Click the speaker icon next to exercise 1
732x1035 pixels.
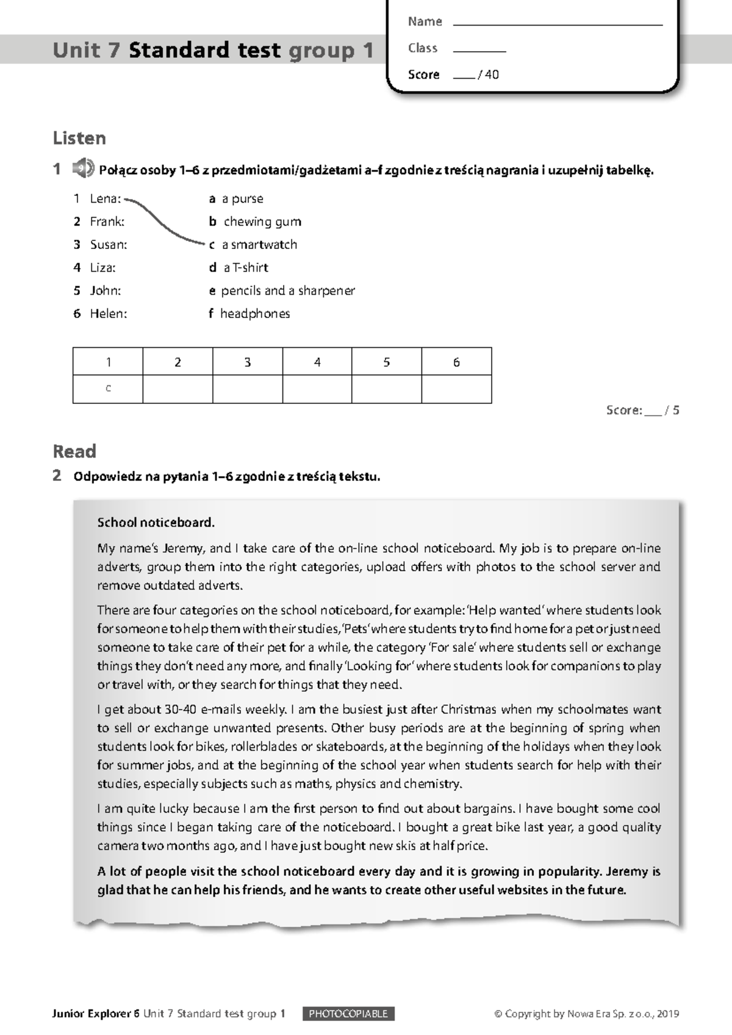coord(83,168)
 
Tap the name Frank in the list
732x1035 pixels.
coord(107,222)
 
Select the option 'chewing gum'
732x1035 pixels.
coord(262,222)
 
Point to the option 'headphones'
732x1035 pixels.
coord(255,314)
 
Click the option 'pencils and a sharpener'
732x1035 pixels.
coord(287,290)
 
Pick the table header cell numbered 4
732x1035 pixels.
coord(317,362)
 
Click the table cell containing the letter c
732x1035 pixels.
coord(108,389)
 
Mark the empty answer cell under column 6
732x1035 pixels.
coord(456,389)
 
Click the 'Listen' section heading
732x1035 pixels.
coord(79,138)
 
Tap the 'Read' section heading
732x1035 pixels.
coord(74,451)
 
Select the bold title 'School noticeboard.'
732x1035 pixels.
coord(156,522)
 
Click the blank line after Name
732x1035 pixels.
coord(558,23)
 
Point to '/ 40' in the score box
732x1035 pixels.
coord(489,74)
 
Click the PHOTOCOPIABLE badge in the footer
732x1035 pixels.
coord(348,1014)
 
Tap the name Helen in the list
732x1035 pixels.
coord(108,314)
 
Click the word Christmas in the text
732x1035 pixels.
coord(469,709)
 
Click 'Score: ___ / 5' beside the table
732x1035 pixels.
coord(642,410)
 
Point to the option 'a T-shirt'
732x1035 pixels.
coord(246,267)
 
